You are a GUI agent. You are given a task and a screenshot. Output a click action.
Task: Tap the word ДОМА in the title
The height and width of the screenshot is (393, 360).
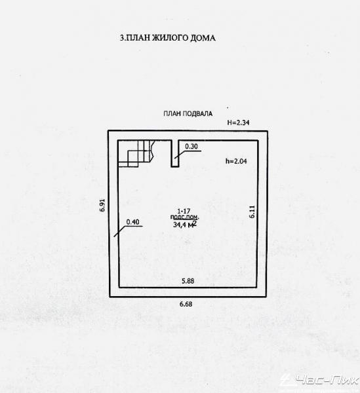202,38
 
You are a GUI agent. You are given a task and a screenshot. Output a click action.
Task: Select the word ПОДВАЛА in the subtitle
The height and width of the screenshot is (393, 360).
197,114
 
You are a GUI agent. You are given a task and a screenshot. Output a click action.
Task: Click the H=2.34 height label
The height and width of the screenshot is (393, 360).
238,122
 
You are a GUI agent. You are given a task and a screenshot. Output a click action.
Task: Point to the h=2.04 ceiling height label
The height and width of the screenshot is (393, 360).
236,161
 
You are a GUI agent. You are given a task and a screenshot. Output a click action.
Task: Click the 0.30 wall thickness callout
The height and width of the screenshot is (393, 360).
191,146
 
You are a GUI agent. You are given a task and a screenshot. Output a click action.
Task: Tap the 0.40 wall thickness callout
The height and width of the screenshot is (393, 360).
132,222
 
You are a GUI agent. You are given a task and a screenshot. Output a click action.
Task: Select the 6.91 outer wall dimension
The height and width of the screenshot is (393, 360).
102,205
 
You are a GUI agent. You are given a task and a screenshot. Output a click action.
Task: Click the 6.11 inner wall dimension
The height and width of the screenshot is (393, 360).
252,212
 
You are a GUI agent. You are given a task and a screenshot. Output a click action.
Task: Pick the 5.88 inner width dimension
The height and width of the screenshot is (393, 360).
188,281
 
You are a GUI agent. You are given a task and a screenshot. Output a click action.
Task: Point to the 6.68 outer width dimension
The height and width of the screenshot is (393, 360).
186,304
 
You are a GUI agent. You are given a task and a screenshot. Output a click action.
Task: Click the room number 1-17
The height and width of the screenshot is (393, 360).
184,212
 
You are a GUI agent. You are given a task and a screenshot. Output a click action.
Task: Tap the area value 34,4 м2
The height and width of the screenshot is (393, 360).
185,224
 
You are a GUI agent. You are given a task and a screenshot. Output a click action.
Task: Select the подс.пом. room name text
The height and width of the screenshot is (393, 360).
185,217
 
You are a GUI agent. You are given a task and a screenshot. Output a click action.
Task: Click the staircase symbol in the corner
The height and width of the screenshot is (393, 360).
136,154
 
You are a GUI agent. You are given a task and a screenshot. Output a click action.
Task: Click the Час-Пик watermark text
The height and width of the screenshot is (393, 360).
327,381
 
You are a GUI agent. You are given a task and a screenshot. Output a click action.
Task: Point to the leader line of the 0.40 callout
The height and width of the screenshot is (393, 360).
128,229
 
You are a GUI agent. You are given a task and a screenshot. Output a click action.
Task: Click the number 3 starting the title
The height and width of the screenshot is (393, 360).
122,38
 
